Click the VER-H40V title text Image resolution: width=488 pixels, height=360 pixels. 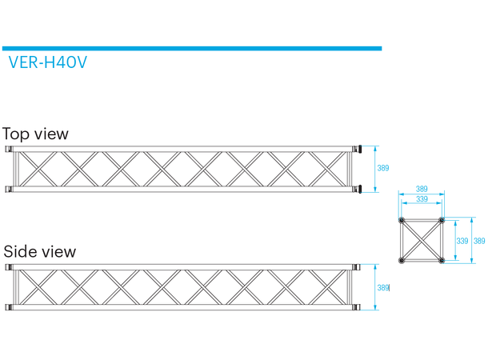47,62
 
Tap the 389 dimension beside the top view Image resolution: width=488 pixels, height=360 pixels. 383,168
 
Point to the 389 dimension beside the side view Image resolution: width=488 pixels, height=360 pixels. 383,288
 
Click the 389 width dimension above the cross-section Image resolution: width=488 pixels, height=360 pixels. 422,190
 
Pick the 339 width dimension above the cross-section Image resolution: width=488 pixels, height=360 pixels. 422,199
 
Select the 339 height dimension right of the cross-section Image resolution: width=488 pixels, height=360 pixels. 462,240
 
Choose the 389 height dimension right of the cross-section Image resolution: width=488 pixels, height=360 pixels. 478,240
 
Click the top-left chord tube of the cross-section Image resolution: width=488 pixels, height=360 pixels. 402,220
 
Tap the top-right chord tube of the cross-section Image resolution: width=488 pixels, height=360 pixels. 441,220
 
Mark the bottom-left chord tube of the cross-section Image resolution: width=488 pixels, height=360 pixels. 402,259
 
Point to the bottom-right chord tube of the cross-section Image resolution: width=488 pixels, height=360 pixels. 441,259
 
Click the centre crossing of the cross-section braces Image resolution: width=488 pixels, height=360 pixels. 422,240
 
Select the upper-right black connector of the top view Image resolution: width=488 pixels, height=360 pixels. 361,149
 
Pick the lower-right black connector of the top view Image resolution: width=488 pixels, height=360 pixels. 361,189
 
